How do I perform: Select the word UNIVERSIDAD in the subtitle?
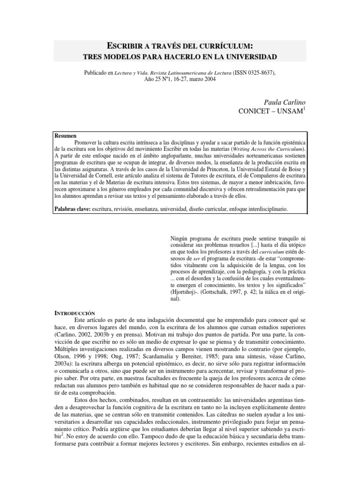point(247,57)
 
